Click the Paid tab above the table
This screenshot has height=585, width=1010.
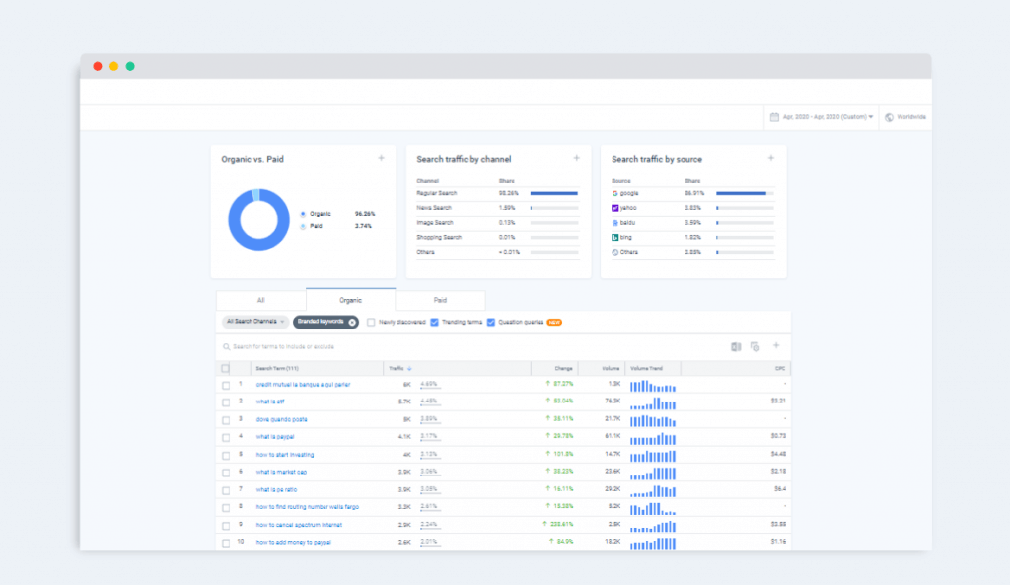coord(440,300)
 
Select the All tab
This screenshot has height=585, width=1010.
coord(260,300)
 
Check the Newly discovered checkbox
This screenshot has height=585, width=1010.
coord(371,322)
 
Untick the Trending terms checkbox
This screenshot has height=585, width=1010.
coord(434,322)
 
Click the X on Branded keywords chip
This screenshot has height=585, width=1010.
coord(352,322)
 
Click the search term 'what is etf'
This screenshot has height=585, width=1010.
coord(270,402)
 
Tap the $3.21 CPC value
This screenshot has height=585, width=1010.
coord(776,402)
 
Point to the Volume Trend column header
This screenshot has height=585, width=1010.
coord(647,368)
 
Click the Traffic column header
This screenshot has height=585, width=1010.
coord(399,368)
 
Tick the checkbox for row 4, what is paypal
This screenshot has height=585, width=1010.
coord(226,437)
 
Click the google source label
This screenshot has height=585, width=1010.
coord(629,193)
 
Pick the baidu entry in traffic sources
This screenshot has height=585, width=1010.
coord(627,223)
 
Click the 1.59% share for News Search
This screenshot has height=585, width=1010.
coord(507,208)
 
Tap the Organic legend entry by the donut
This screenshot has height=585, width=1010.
coord(319,214)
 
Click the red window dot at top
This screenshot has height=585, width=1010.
coord(98,66)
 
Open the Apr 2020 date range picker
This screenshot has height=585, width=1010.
coord(822,117)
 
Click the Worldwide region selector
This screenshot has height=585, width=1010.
coord(904,117)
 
